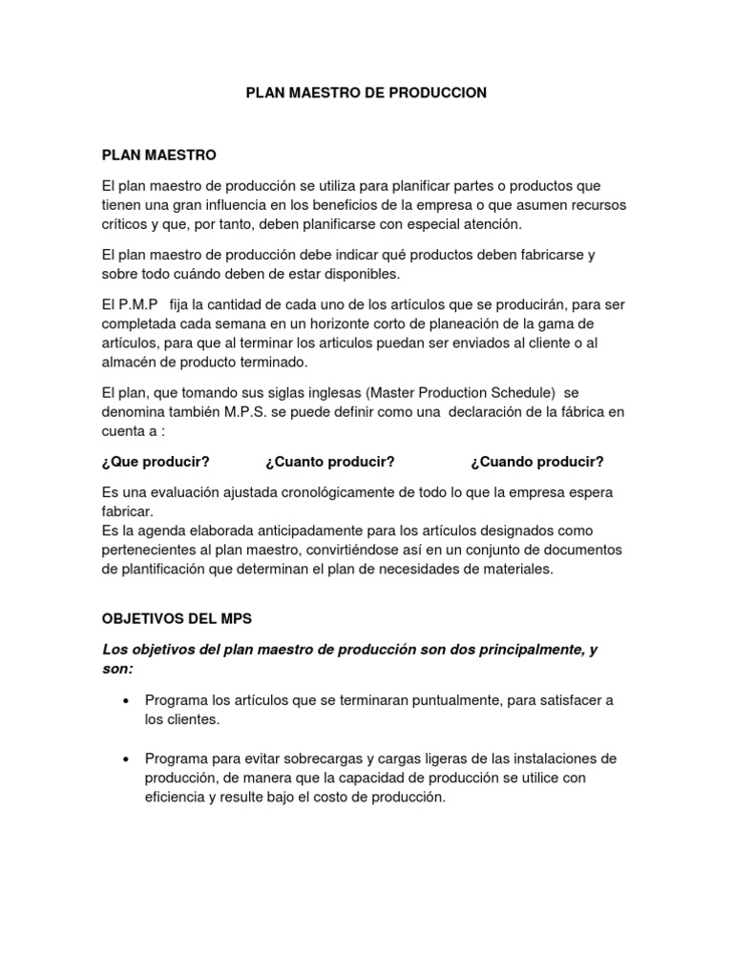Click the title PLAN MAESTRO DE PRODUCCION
click(x=366, y=93)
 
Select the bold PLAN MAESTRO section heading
click(x=159, y=155)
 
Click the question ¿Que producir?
click(x=155, y=462)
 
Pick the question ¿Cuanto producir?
click(x=330, y=462)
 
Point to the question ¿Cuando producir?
click(x=537, y=462)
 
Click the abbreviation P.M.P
click(x=136, y=303)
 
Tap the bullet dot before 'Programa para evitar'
click(x=126, y=759)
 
